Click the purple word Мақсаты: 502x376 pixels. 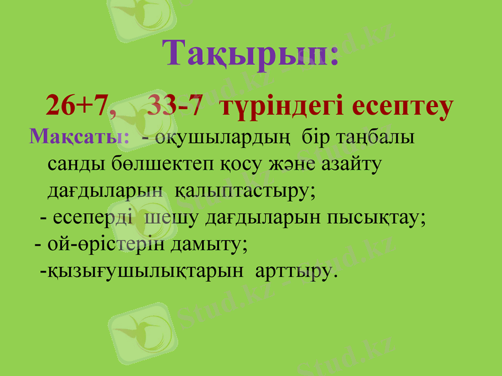(x=80, y=136)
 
